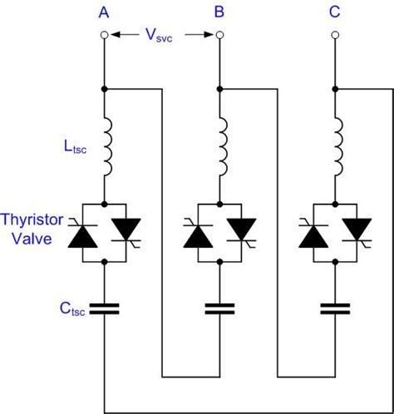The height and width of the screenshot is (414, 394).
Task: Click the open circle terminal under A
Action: (104, 35)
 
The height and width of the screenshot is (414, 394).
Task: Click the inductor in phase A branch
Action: (106, 147)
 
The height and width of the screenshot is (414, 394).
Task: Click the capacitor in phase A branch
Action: (104, 309)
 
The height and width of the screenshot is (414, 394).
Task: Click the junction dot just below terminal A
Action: (104, 87)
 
